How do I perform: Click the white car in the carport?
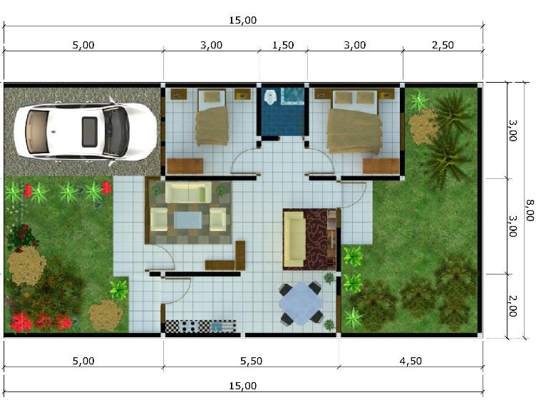tap(86, 132)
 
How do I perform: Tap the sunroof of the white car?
tap(90, 132)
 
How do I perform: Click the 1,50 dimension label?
tap(283, 45)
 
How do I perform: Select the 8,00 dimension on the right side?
tap(530, 210)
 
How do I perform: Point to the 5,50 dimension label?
tap(251, 361)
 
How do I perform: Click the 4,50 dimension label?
tap(411, 361)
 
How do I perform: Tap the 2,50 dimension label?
tap(443, 45)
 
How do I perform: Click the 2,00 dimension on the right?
tap(512, 306)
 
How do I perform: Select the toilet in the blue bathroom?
tap(271, 96)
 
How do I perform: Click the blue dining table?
tap(301, 304)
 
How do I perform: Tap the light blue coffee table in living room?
tap(188, 220)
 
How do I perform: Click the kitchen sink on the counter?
tap(217, 327)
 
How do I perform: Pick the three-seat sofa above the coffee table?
tap(188, 193)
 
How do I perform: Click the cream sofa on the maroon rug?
tap(295, 239)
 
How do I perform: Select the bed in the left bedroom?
tap(212, 118)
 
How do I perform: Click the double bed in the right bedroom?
tap(354, 121)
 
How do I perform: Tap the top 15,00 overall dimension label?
tap(243, 20)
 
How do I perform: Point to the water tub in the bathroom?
tap(292, 96)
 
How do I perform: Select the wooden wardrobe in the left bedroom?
tap(185, 166)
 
